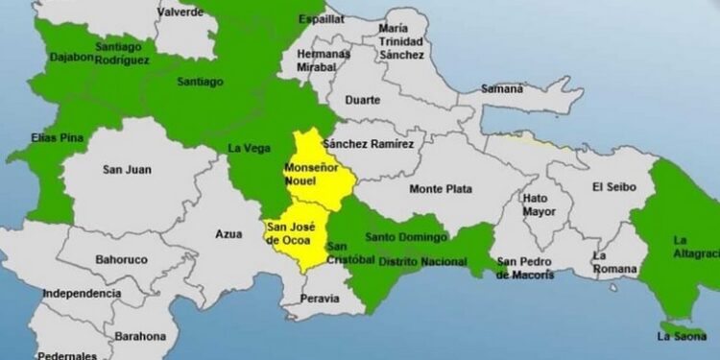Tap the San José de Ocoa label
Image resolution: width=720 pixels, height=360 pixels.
tap(288, 233)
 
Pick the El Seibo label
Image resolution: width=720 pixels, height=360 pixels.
tap(610, 186)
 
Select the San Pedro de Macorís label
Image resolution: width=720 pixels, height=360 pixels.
tap(525, 268)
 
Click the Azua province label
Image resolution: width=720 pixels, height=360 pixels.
tap(229, 233)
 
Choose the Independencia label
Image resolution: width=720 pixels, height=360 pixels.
tap(82, 293)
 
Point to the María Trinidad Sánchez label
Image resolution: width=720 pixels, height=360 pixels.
tap(400, 41)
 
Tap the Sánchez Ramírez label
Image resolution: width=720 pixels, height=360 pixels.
tap(369, 144)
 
